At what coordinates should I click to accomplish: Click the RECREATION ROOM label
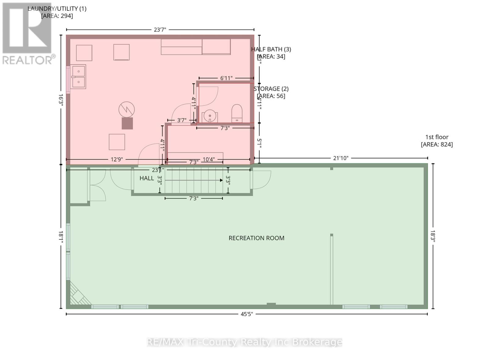click(256, 238)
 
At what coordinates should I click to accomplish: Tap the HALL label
click(147, 178)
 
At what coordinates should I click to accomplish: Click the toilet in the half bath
click(237, 113)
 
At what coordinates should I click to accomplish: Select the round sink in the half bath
click(210, 116)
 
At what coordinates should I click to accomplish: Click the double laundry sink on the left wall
click(78, 76)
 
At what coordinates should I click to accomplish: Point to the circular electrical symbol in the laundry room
click(127, 109)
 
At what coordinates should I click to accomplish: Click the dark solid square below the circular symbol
click(127, 123)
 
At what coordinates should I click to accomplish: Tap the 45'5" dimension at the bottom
click(247, 314)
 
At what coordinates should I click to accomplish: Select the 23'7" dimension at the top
click(160, 30)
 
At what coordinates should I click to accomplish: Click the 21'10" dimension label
click(340, 158)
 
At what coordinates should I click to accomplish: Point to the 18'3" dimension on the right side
click(433, 236)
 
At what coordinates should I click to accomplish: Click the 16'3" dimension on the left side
click(61, 100)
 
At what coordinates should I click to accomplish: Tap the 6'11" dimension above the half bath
click(226, 78)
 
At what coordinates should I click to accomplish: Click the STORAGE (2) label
click(271, 92)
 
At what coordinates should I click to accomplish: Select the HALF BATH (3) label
click(271, 53)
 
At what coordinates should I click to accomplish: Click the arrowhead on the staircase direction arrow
click(221, 180)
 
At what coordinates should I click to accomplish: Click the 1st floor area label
click(437, 141)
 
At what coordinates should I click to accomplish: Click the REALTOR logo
click(28, 34)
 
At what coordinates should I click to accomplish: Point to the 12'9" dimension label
click(116, 159)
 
